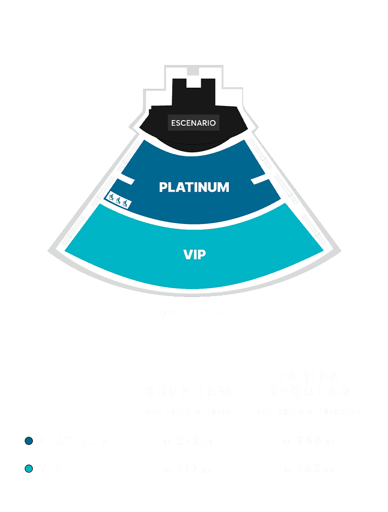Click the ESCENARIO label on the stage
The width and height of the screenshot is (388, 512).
(x=193, y=123)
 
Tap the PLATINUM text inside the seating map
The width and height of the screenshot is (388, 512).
(x=194, y=187)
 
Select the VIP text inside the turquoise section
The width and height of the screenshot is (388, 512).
(x=195, y=254)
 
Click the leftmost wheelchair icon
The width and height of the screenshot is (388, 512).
(x=111, y=198)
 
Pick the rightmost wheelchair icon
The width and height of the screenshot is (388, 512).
(x=125, y=203)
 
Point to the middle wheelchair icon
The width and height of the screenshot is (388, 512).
(x=118, y=201)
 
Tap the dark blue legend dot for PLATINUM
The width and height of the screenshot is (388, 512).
(x=29, y=441)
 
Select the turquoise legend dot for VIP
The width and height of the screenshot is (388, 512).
(x=29, y=469)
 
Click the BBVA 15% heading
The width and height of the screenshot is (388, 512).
(x=188, y=391)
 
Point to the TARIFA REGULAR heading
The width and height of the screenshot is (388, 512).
(x=309, y=384)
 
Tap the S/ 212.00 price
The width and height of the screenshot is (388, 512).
(x=187, y=442)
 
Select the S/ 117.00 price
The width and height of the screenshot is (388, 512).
(x=187, y=470)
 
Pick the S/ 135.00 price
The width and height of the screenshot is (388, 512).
(x=308, y=470)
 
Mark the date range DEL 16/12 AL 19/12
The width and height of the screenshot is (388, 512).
(x=187, y=412)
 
